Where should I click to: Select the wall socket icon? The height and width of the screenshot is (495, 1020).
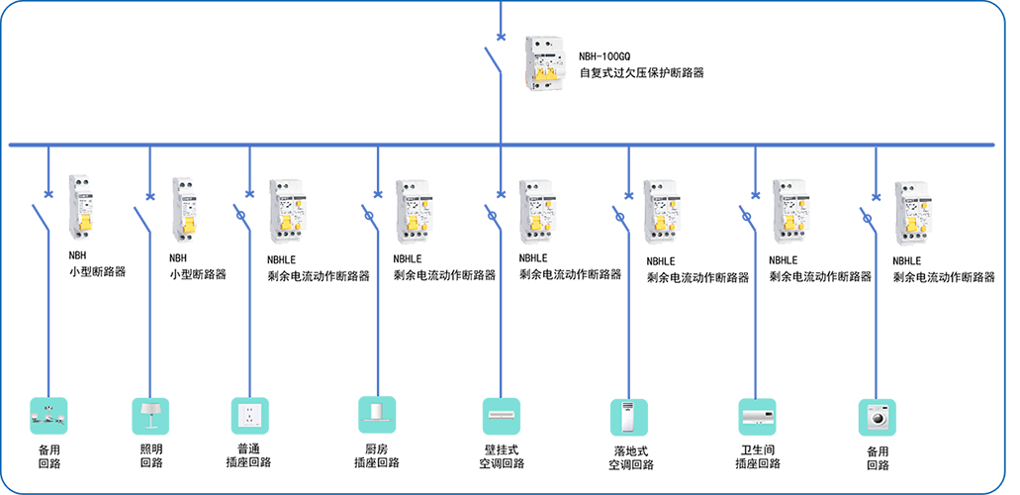point(251,416)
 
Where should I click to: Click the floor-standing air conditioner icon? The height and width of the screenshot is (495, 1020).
point(630,417)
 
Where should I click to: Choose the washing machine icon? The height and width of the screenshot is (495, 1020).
point(879,417)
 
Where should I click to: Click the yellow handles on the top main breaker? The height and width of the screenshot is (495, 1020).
point(544,72)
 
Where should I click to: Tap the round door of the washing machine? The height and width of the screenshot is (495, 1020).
point(879,419)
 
